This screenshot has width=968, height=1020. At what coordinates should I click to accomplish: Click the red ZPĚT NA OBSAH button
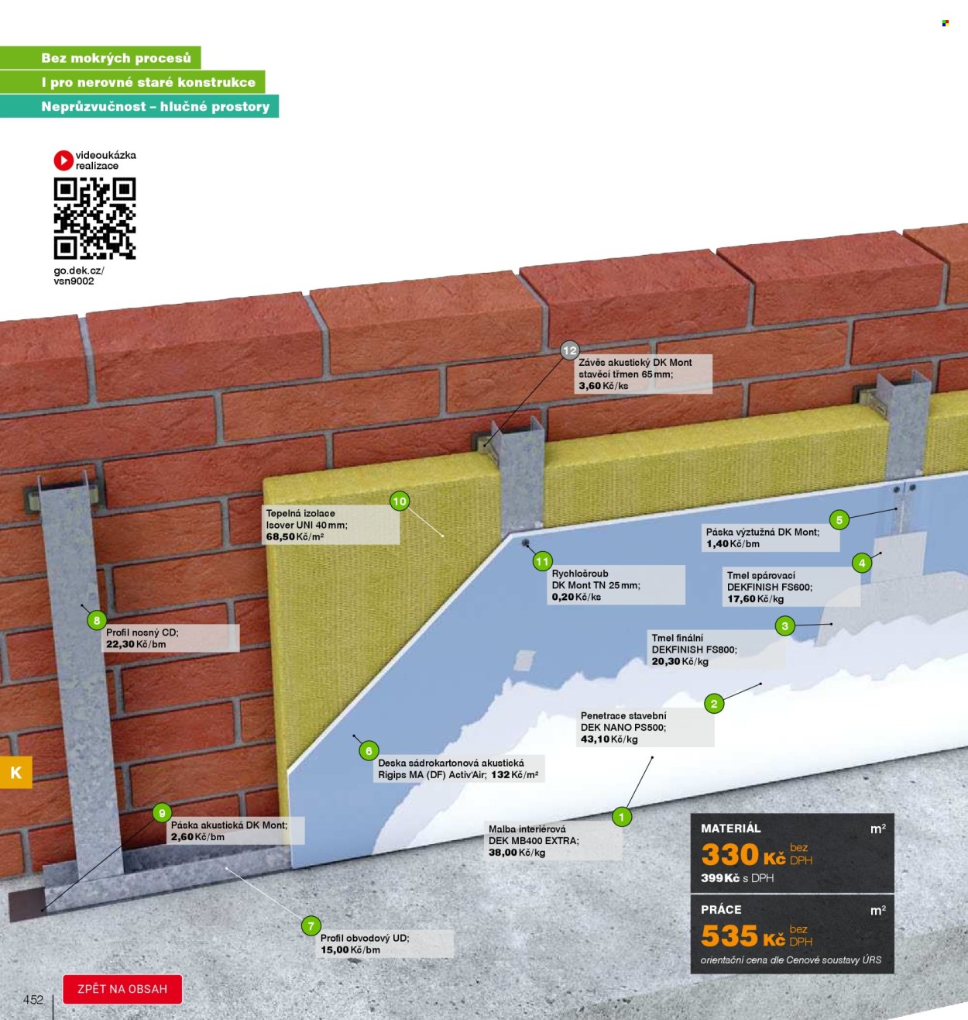(x=122, y=989)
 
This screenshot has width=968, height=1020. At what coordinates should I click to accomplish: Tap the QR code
(x=94, y=219)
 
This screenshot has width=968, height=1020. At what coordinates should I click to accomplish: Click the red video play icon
(x=64, y=160)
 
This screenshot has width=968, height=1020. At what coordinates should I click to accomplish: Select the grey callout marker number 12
(x=569, y=351)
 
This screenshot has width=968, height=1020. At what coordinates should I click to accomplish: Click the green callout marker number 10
(x=400, y=501)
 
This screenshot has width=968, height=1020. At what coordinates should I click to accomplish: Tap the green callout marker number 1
(x=621, y=817)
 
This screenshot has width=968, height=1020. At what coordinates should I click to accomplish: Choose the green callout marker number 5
(x=839, y=520)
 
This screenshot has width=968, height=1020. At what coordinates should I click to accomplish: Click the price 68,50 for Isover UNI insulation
(x=280, y=537)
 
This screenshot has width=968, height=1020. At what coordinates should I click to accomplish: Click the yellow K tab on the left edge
(x=16, y=773)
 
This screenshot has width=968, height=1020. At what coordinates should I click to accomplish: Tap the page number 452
(x=33, y=1000)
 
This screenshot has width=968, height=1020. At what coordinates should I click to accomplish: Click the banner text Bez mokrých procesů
(x=116, y=58)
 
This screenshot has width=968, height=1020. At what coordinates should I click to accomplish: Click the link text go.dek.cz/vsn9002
(x=79, y=276)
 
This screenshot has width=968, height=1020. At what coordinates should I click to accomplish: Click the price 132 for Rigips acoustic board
(x=499, y=775)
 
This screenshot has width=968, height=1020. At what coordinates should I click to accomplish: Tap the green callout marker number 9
(x=163, y=814)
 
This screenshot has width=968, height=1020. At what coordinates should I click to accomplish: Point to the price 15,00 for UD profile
(x=335, y=950)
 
